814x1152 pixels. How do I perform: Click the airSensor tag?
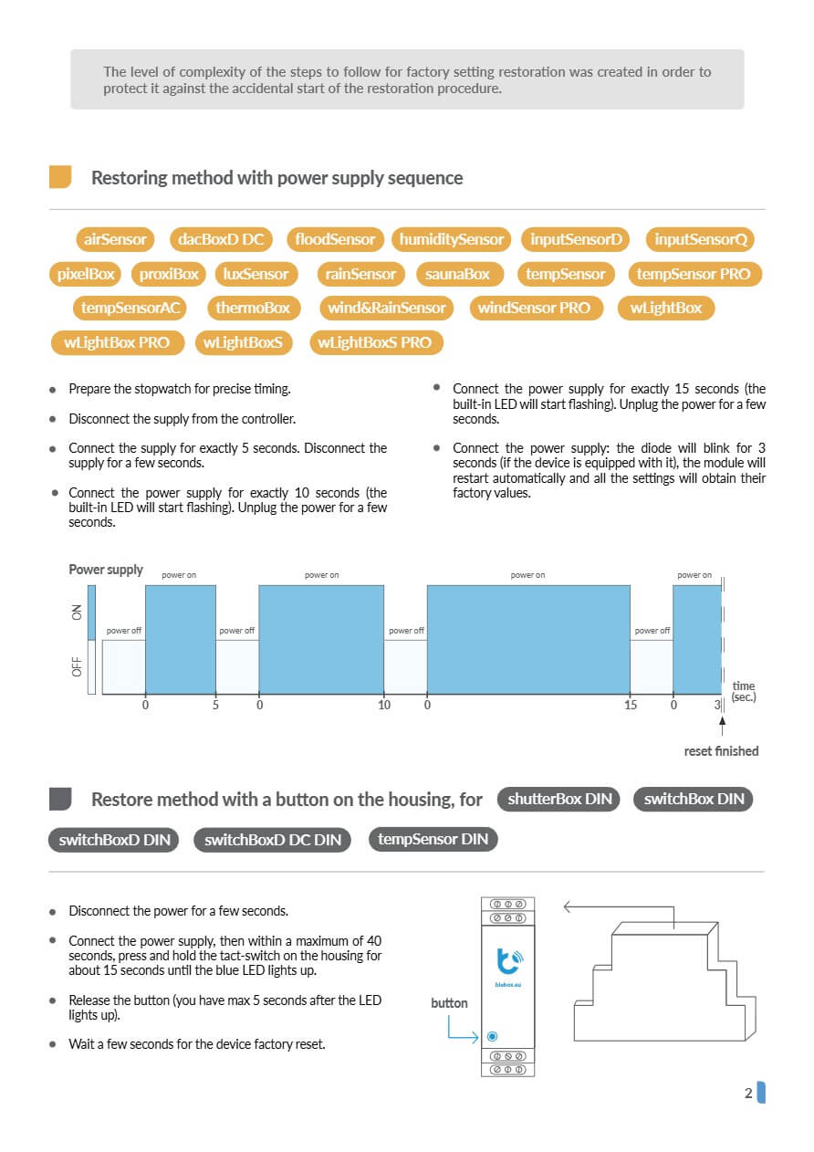[x=115, y=239]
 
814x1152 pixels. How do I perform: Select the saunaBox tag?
[x=457, y=274]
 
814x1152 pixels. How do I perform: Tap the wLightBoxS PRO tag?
[x=375, y=342]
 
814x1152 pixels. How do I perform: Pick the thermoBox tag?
[x=253, y=308]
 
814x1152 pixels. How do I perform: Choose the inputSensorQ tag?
[x=701, y=239]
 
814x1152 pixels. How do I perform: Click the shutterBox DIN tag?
[x=559, y=799]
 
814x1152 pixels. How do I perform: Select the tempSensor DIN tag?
[x=433, y=839]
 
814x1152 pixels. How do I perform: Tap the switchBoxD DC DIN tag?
[x=272, y=840]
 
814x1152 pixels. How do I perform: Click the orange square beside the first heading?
[x=60, y=177]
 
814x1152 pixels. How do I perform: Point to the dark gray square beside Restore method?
[x=60, y=799]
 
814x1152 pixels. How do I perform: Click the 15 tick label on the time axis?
[x=631, y=705]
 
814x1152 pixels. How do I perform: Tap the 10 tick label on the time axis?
[x=384, y=705]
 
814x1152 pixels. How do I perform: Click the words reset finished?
[x=721, y=751]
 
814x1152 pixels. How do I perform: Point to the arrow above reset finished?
[x=722, y=726]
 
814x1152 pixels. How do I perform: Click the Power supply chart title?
[x=106, y=570]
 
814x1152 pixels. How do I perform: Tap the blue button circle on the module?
[x=493, y=1036]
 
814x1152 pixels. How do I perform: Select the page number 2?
[x=748, y=1094]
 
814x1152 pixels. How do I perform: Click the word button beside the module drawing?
[x=449, y=1003]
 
